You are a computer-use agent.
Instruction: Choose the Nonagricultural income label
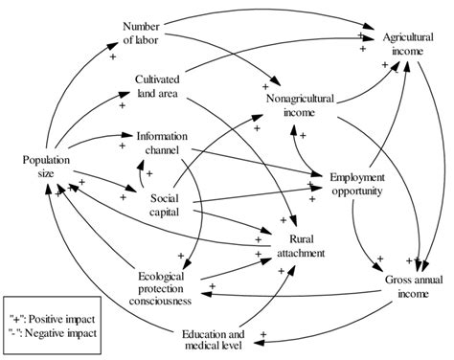coord(306,104)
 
